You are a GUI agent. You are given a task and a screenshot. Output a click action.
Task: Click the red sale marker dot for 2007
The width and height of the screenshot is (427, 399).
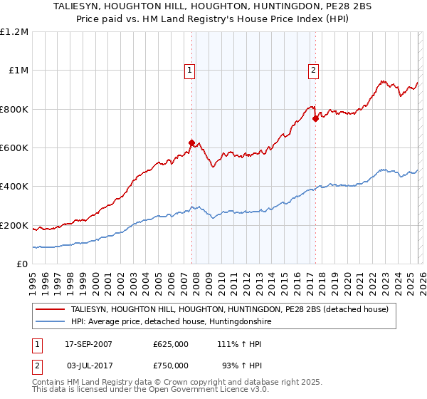(191, 143)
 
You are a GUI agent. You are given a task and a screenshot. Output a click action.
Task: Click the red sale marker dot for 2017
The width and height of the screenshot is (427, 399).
(315, 119)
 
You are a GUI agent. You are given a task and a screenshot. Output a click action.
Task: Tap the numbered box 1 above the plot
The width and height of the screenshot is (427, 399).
(191, 70)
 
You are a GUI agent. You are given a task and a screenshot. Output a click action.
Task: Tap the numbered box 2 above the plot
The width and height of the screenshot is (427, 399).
(314, 70)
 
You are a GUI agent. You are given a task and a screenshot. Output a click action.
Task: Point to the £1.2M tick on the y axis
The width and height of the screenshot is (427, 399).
(14, 32)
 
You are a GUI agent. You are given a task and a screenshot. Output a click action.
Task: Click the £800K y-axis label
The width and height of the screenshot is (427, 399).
(14, 110)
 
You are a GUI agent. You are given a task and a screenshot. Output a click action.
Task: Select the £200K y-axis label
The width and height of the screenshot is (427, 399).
(14, 226)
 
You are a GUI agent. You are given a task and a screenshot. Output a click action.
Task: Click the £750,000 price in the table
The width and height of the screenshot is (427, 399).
(171, 366)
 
